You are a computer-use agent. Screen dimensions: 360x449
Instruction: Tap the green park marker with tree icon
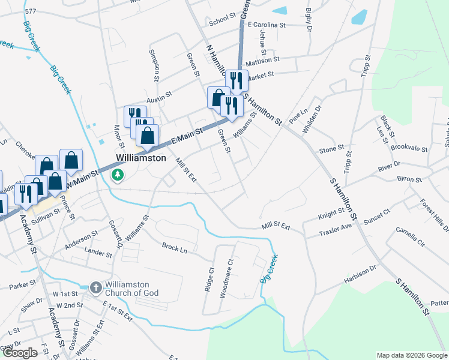[x=118, y=175]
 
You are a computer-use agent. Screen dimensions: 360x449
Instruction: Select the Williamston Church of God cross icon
[x=96, y=288]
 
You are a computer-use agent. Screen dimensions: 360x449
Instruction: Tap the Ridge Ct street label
[x=209, y=279]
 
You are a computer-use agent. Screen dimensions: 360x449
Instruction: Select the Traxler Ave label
[x=335, y=229]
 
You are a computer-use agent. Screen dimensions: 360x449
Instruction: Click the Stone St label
[x=331, y=149]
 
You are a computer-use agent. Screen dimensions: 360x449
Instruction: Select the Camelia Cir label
[x=410, y=237]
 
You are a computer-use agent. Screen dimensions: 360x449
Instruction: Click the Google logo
[x=20, y=353]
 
